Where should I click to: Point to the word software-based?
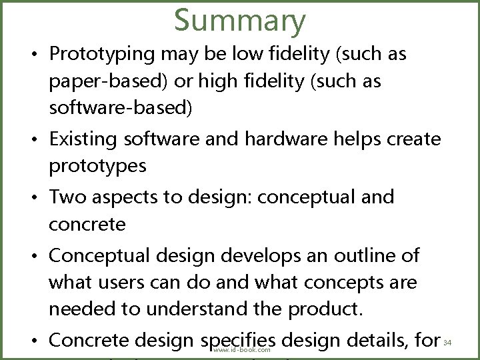coord(120,109)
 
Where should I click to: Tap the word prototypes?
coord(97,166)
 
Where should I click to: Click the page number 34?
coord(447,343)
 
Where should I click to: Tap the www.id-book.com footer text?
coord(242,349)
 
